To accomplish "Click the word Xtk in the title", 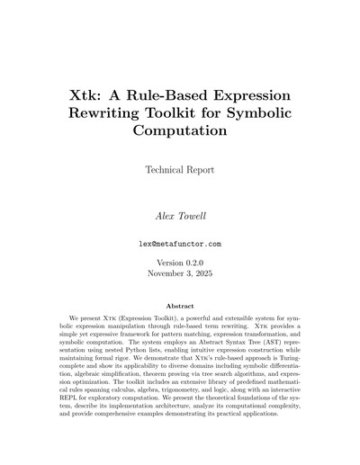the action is (x=88, y=94).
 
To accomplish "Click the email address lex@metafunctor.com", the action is (x=180, y=244).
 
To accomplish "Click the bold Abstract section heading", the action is (x=180, y=307).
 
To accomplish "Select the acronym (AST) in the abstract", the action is (x=270, y=341).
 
